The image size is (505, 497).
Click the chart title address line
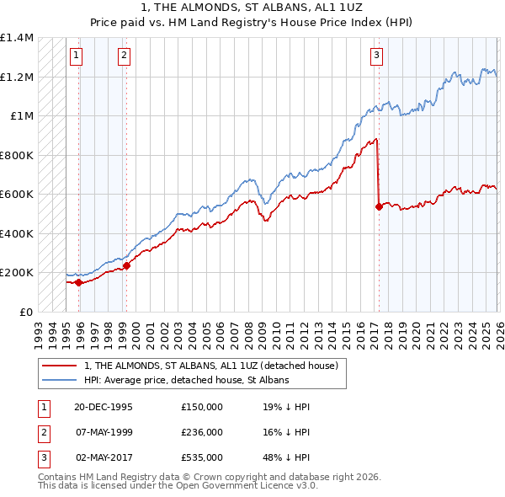pos(252,8)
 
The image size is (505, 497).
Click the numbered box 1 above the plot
pos(76,56)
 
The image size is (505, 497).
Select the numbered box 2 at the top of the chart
pos(124,56)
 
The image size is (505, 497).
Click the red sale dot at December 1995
pos(78,283)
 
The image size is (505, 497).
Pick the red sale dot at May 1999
pos(126,266)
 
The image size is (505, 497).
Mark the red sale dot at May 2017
pos(379,206)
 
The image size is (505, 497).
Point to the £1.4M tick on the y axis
pos(17,39)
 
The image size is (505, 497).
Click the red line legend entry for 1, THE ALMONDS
pos(210,366)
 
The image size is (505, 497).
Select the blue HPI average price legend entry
pos(186,380)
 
